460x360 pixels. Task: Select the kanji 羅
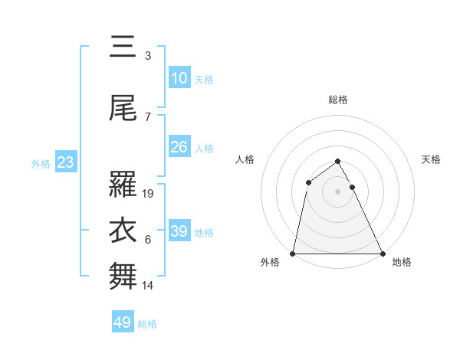(x=123, y=185)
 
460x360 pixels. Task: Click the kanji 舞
(x=123, y=277)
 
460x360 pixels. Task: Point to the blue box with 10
(x=179, y=78)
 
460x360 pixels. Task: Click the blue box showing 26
(x=179, y=147)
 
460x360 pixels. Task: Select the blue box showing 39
(x=179, y=231)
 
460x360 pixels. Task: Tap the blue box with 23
(x=65, y=162)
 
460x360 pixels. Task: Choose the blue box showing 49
(x=123, y=322)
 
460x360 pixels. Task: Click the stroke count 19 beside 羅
(x=149, y=194)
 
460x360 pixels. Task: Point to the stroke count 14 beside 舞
(x=149, y=286)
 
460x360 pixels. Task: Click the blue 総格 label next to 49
(x=147, y=324)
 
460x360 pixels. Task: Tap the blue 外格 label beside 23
(x=41, y=163)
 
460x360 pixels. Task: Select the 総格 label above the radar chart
(x=338, y=100)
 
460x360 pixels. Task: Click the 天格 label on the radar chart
(x=432, y=159)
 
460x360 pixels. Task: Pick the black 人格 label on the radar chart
(x=245, y=159)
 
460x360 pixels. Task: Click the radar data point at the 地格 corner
(x=382, y=253)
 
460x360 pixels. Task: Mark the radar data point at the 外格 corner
(x=293, y=253)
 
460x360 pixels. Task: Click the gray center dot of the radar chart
(x=338, y=191)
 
